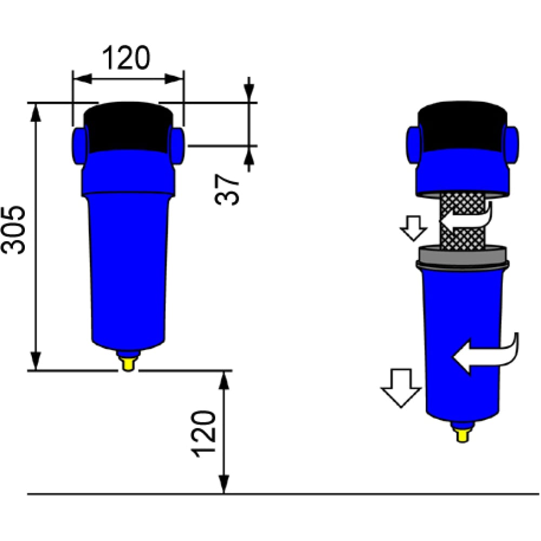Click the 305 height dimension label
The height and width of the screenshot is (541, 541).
(14, 230)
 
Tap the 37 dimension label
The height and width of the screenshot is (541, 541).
(227, 190)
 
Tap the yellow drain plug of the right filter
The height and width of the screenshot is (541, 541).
(463, 435)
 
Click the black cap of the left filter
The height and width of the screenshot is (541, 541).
(129, 127)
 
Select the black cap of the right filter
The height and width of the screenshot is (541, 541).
(463, 127)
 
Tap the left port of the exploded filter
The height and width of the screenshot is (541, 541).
(414, 145)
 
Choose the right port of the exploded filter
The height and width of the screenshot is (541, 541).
(511, 145)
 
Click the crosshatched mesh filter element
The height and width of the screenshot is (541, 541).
(463, 221)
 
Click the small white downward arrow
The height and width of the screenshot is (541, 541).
(414, 228)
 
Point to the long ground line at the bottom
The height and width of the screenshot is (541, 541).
(283, 494)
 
